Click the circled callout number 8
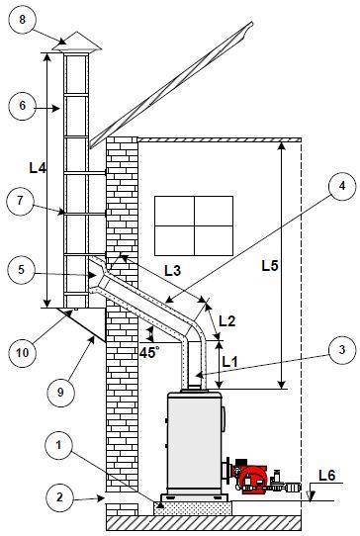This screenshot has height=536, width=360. pos(22,19)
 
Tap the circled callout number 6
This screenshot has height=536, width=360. pos(22,105)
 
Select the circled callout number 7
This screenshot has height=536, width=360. pos(20,202)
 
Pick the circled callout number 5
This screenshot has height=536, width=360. pos(22,270)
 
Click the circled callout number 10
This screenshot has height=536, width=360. pos(23,353)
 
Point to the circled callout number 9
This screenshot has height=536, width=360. pos(60,393)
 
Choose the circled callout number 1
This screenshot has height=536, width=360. pos(58,445)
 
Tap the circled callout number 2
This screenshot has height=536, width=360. pos(59,497)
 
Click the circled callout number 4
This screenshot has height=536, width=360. pos(342,187)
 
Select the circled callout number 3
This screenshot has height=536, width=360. pos(342,350)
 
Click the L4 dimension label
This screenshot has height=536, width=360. pos(38,167)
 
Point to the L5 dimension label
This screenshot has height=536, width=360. pos(270,266)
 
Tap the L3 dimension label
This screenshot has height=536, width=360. pos(172,271)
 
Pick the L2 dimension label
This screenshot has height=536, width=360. pos(227,321)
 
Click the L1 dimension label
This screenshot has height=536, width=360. pos(229,362)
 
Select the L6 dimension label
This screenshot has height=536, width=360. pos(327,475)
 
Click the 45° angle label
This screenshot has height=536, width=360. pos(149,352)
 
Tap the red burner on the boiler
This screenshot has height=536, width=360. pos(253,477)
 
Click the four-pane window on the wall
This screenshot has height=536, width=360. pos(194,225)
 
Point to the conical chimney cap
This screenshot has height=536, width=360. pos(76,43)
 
